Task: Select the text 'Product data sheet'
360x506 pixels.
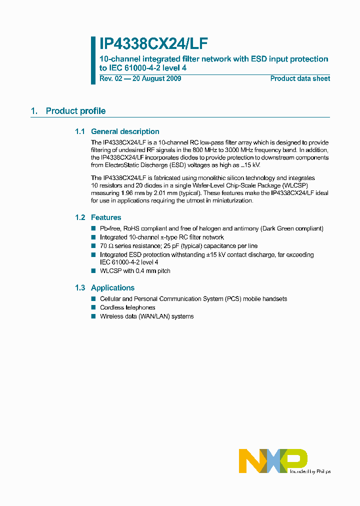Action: point(300,78)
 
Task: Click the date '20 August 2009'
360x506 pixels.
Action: point(156,78)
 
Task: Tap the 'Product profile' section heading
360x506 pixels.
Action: point(75,111)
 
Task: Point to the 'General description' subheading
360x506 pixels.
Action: point(124,131)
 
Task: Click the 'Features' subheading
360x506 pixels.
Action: point(105,217)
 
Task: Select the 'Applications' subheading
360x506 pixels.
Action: point(112,287)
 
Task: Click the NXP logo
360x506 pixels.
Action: point(272,460)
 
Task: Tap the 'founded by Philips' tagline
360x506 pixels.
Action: point(308,471)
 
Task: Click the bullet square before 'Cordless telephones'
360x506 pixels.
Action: point(93,307)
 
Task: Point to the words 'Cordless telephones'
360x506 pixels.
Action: point(127,307)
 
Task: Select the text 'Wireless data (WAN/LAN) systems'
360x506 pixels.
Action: point(146,316)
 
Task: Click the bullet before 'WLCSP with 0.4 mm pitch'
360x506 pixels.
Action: point(93,271)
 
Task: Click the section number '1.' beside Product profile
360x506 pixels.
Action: point(34,111)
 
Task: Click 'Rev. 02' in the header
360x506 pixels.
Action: point(111,78)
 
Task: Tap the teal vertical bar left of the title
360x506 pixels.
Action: point(93,60)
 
